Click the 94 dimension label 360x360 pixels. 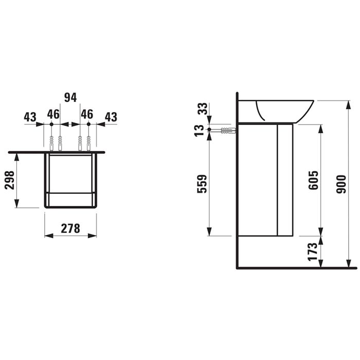(x=70, y=97)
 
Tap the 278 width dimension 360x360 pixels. (x=70, y=228)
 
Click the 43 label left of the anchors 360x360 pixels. (x=30, y=116)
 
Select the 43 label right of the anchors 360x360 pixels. (x=111, y=117)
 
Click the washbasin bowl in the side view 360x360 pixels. (x=284, y=110)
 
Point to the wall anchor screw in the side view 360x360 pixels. (x=226, y=131)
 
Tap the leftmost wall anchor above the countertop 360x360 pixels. (x=51, y=143)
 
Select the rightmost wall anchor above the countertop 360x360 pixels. (x=88, y=143)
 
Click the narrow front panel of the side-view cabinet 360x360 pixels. (x=285, y=180)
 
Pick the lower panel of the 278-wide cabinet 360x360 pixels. (x=70, y=200)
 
